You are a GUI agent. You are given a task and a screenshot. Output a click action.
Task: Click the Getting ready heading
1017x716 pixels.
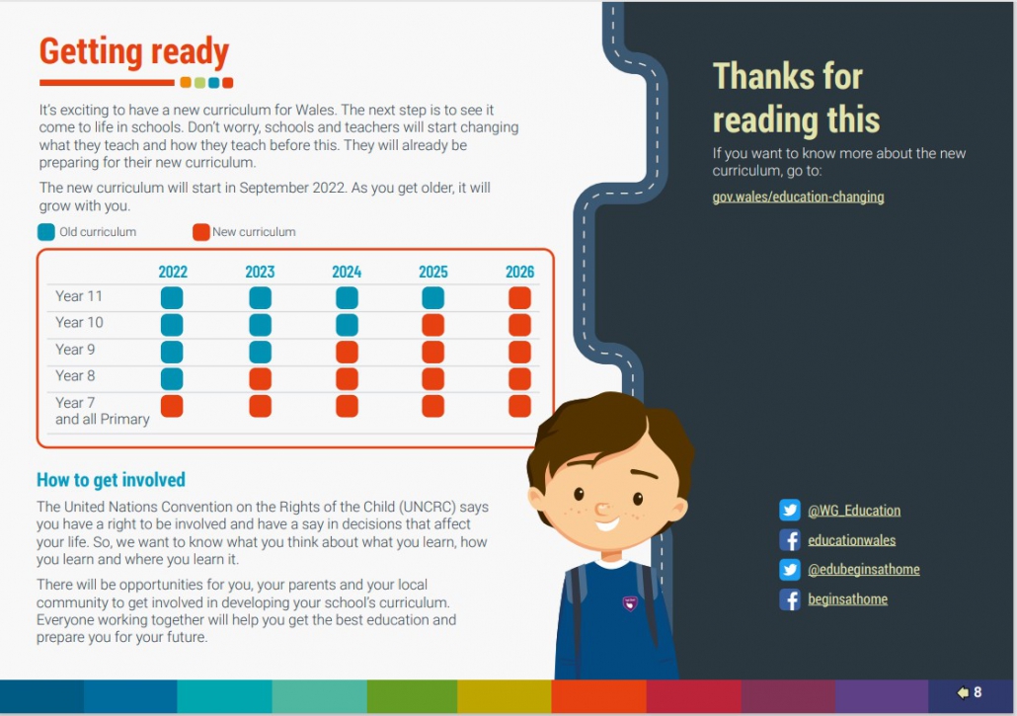pos(134,52)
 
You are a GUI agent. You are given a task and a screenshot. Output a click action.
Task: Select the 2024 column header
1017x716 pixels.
pos(347,272)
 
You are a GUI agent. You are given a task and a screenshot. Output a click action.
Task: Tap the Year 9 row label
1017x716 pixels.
pos(75,350)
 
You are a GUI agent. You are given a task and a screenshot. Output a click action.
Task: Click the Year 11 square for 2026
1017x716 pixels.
pos(519,297)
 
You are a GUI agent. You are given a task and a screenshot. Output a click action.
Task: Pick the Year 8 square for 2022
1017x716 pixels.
pos(172,379)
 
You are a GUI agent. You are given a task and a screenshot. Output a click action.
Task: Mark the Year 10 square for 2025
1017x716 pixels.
pos(432,325)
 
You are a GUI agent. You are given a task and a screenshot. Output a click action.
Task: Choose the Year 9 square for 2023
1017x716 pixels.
pos(260,352)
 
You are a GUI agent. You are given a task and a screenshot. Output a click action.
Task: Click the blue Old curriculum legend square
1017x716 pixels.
pos(46,232)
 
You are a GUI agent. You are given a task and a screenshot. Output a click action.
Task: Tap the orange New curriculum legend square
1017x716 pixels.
pos(201,232)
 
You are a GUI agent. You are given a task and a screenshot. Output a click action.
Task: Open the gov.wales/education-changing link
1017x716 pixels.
pos(798,197)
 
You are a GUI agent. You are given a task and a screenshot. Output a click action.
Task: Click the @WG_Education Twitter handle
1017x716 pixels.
pos(853,511)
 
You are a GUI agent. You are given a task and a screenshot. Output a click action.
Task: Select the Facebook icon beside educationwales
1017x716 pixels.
pos(789,540)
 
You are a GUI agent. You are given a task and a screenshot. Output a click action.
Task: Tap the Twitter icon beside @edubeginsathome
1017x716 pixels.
pos(789,570)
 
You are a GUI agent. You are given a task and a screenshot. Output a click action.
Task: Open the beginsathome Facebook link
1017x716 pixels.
pos(848,599)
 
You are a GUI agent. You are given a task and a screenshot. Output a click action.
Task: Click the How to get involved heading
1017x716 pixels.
pos(111,480)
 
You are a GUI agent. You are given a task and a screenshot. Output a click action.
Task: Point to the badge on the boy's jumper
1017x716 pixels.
pos(630,603)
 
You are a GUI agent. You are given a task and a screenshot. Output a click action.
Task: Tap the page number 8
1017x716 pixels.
pos(978,692)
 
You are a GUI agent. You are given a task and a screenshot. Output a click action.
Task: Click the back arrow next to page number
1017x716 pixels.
pos(963,692)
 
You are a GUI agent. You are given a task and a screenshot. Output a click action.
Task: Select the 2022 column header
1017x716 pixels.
pos(173,272)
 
